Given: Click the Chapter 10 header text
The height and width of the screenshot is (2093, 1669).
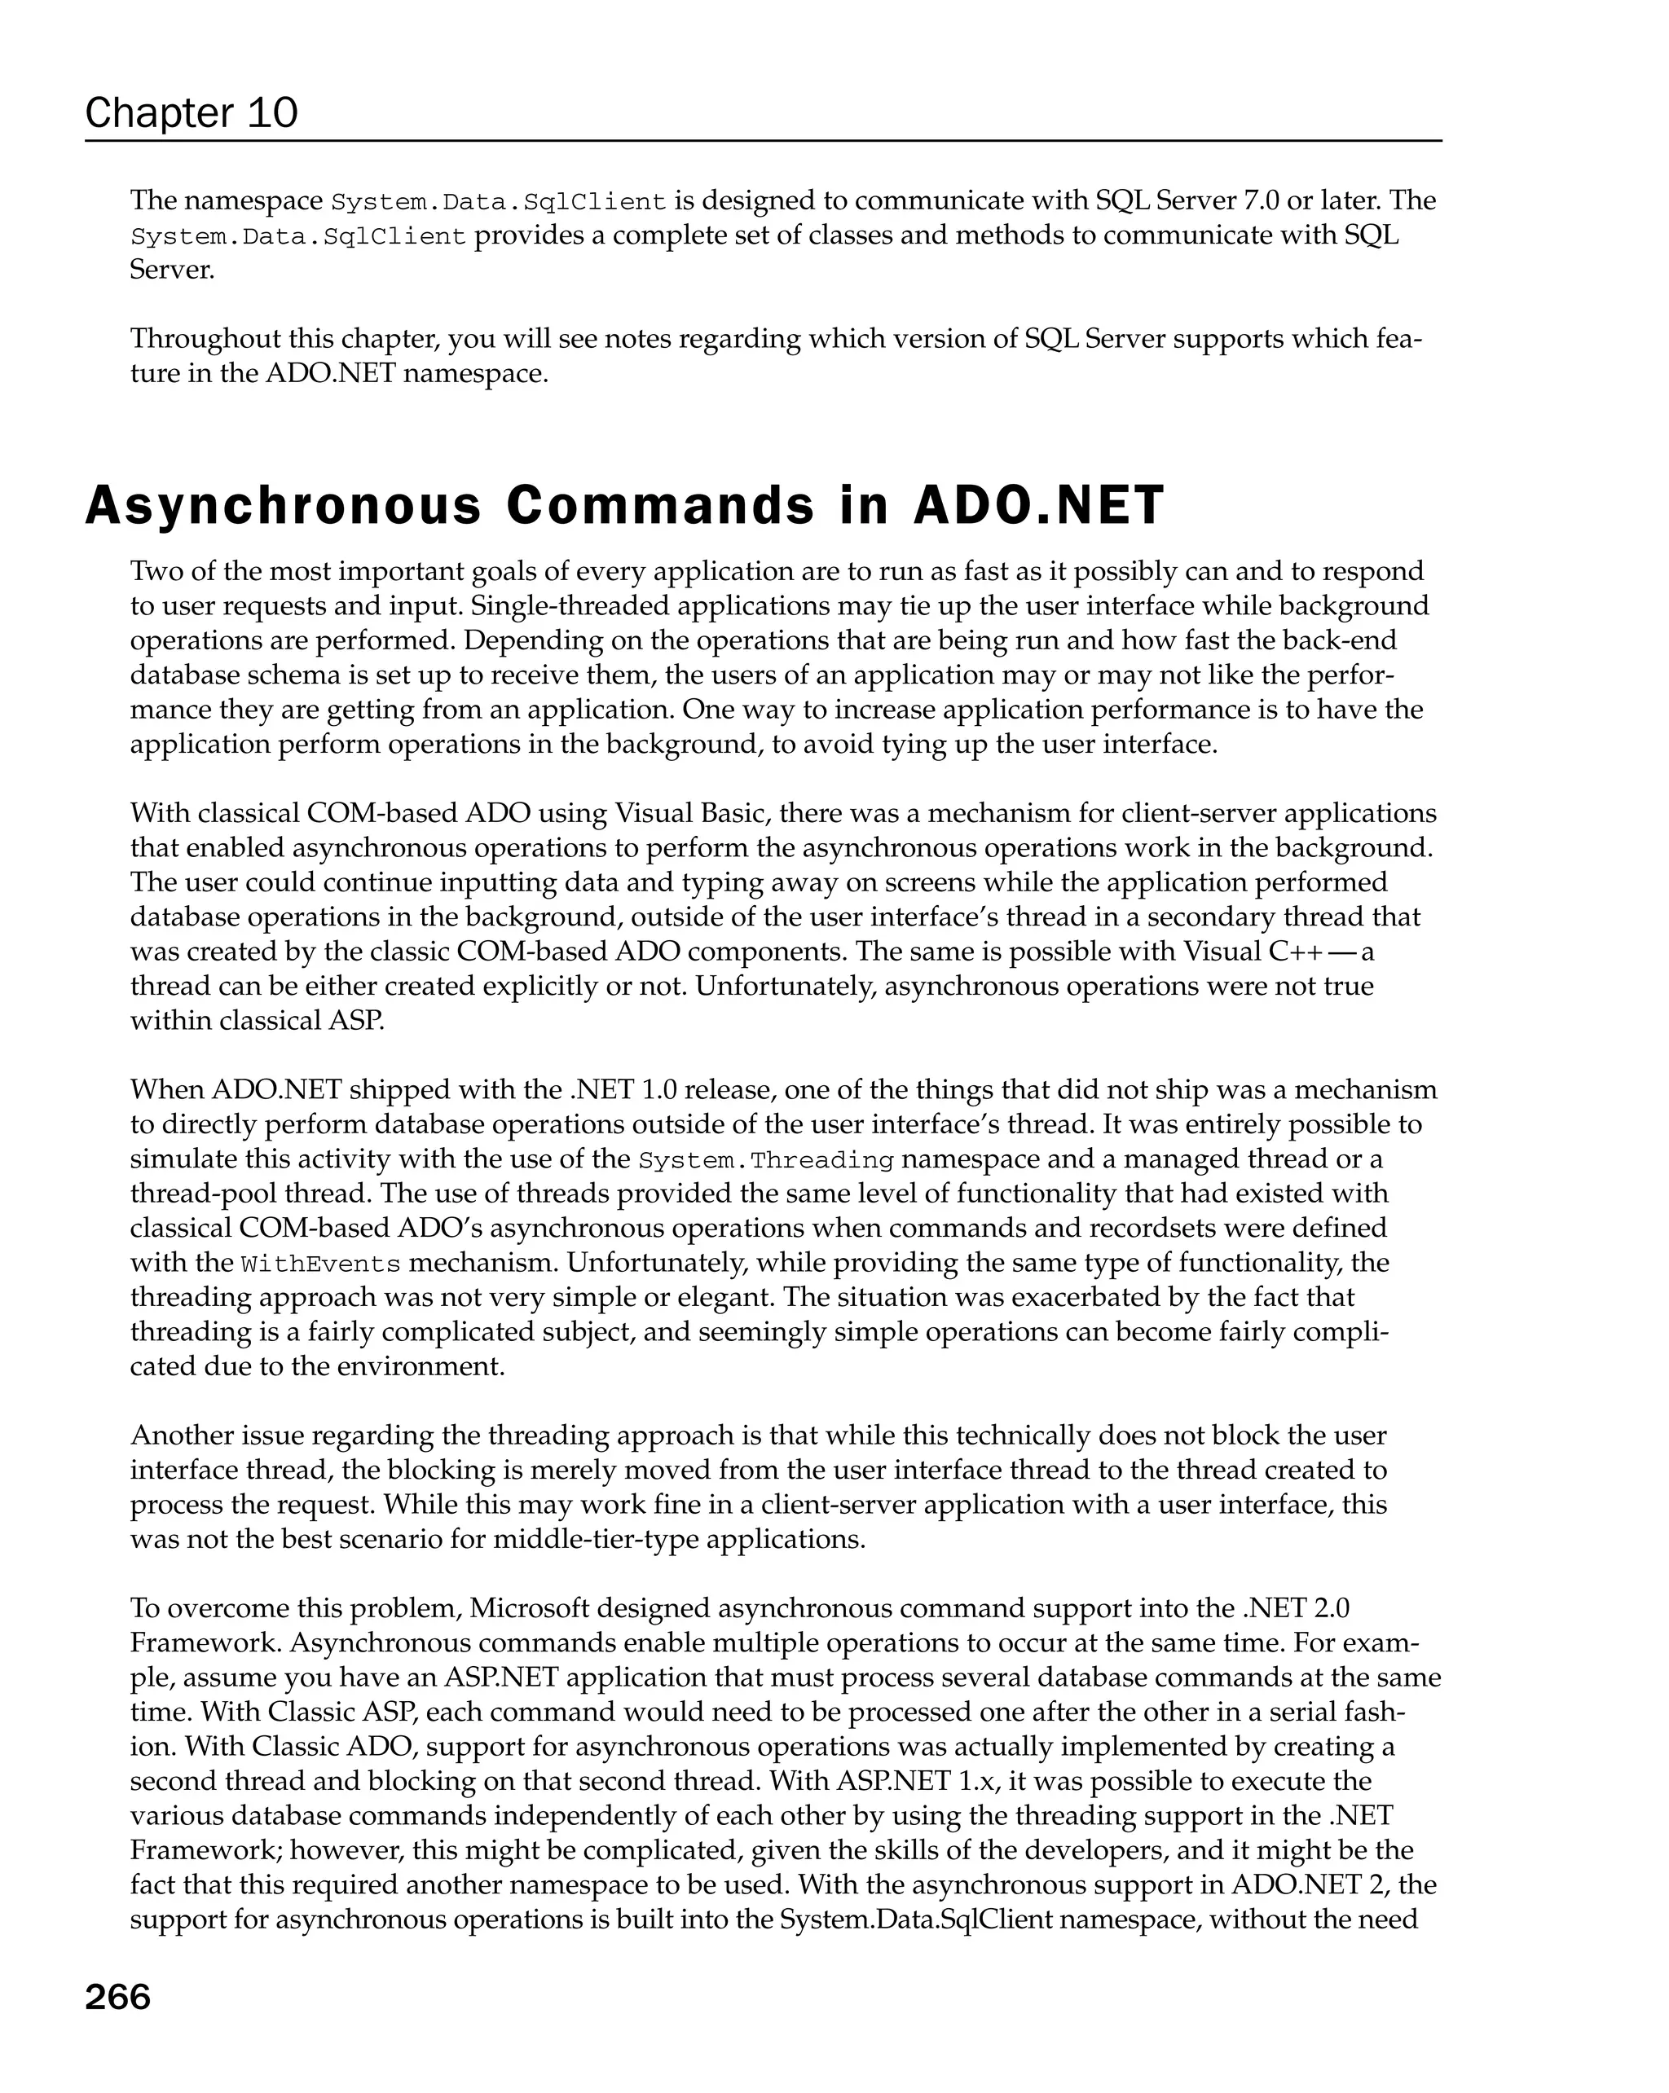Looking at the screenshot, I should [x=192, y=113].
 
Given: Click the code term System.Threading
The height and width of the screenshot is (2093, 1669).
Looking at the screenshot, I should [x=766, y=1159].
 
